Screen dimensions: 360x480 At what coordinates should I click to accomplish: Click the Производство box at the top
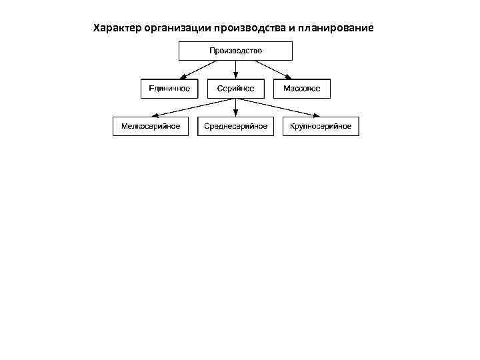pyautogui.click(x=235, y=51)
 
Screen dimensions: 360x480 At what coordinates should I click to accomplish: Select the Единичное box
pyautogui.click(x=169, y=88)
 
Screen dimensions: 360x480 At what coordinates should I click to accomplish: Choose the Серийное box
pyautogui.click(x=235, y=88)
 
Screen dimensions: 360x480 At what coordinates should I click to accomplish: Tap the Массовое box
pyautogui.click(x=302, y=88)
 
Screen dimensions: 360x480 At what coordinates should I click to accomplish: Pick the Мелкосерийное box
pyautogui.click(x=151, y=126)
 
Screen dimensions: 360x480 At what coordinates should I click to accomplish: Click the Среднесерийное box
pyautogui.click(x=235, y=126)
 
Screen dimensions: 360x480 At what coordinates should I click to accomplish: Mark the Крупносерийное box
pyautogui.click(x=321, y=126)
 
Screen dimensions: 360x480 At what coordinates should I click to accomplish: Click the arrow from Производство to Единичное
pyautogui.click(x=199, y=69)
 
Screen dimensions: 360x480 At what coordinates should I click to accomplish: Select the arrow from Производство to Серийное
pyautogui.click(x=235, y=69)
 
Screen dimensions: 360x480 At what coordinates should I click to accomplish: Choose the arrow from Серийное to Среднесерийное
pyautogui.click(x=235, y=107)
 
